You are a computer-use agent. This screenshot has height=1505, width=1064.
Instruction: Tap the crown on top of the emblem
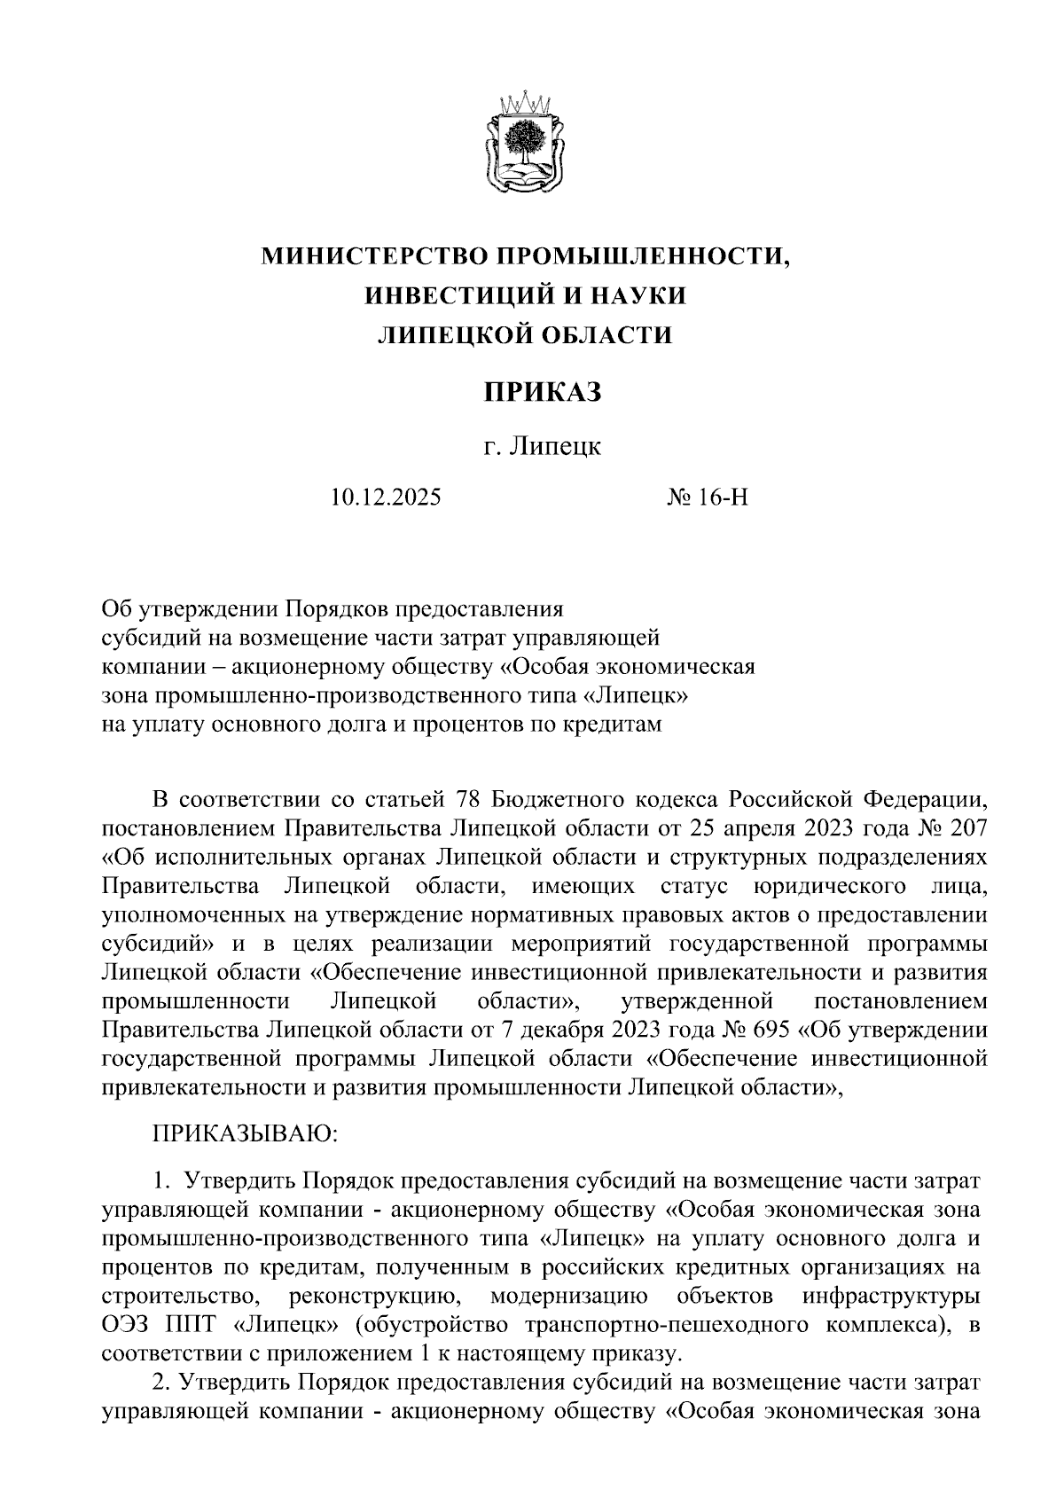coord(524,103)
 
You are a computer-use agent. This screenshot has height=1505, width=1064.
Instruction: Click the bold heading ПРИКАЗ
coord(542,391)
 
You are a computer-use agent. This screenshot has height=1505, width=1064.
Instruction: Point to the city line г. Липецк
coord(542,446)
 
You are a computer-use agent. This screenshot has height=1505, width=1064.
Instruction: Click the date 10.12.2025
coord(385,497)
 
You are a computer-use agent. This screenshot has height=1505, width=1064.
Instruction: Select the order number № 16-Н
coord(708,497)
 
